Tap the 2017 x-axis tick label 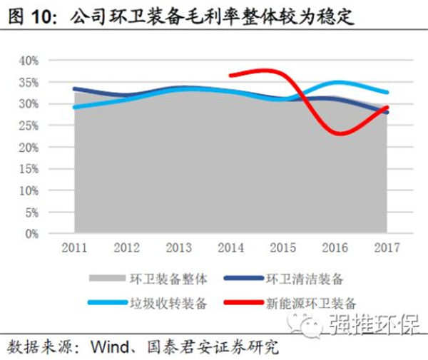point(386,248)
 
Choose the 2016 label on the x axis point(334,248)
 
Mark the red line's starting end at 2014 point(230,75)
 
